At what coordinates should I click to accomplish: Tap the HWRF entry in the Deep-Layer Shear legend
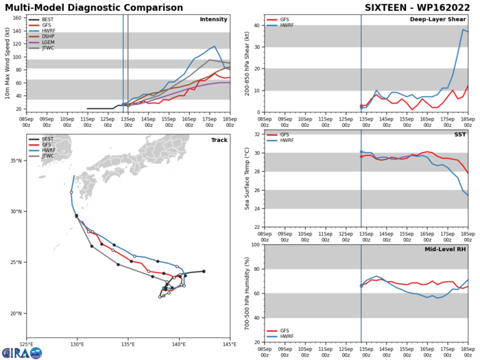[x=291, y=27]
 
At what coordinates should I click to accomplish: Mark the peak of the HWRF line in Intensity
[x=215, y=47]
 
